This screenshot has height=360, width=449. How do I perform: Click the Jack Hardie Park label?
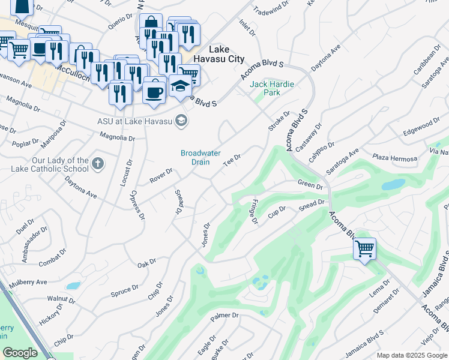pyautogui.click(x=272, y=88)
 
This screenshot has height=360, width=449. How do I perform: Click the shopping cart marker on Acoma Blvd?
pyautogui.click(x=364, y=248)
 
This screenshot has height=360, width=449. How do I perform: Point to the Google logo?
pyautogui.click(x=20, y=352)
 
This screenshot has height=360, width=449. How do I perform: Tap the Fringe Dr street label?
pyautogui.click(x=255, y=212)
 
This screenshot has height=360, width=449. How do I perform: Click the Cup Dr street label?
pyautogui.click(x=277, y=214)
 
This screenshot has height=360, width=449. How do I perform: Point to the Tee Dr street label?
pyautogui.click(x=232, y=160)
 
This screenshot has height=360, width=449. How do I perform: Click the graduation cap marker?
pyautogui.click(x=180, y=86)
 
